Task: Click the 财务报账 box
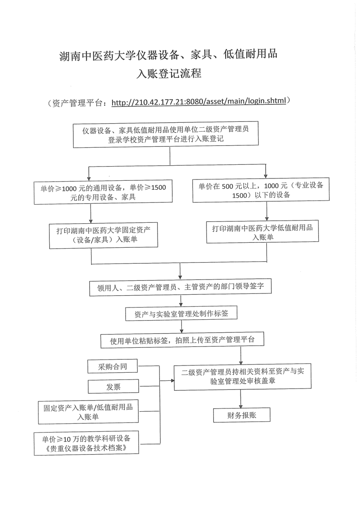click(241, 415)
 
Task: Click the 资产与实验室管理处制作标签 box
click(181, 313)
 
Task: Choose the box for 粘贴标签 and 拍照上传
click(182, 340)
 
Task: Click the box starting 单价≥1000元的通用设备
click(103, 192)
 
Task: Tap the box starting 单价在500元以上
click(261, 190)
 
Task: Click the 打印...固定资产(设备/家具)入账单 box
click(104, 234)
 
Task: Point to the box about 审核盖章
click(242, 376)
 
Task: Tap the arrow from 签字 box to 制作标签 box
click(181, 301)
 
